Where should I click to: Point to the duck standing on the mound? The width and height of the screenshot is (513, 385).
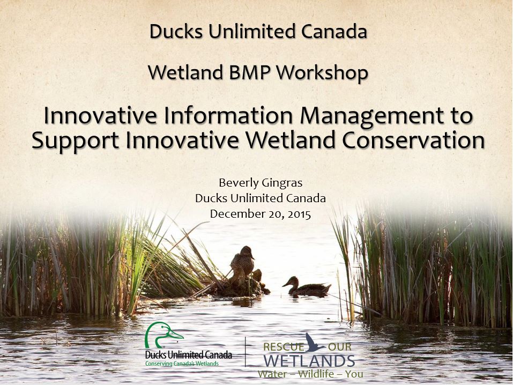tap(242, 262)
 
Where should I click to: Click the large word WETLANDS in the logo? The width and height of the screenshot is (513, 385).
tap(310, 360)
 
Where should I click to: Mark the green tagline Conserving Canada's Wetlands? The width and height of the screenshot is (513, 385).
tap(182, 364)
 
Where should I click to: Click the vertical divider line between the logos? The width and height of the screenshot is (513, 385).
tap(245, 351)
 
